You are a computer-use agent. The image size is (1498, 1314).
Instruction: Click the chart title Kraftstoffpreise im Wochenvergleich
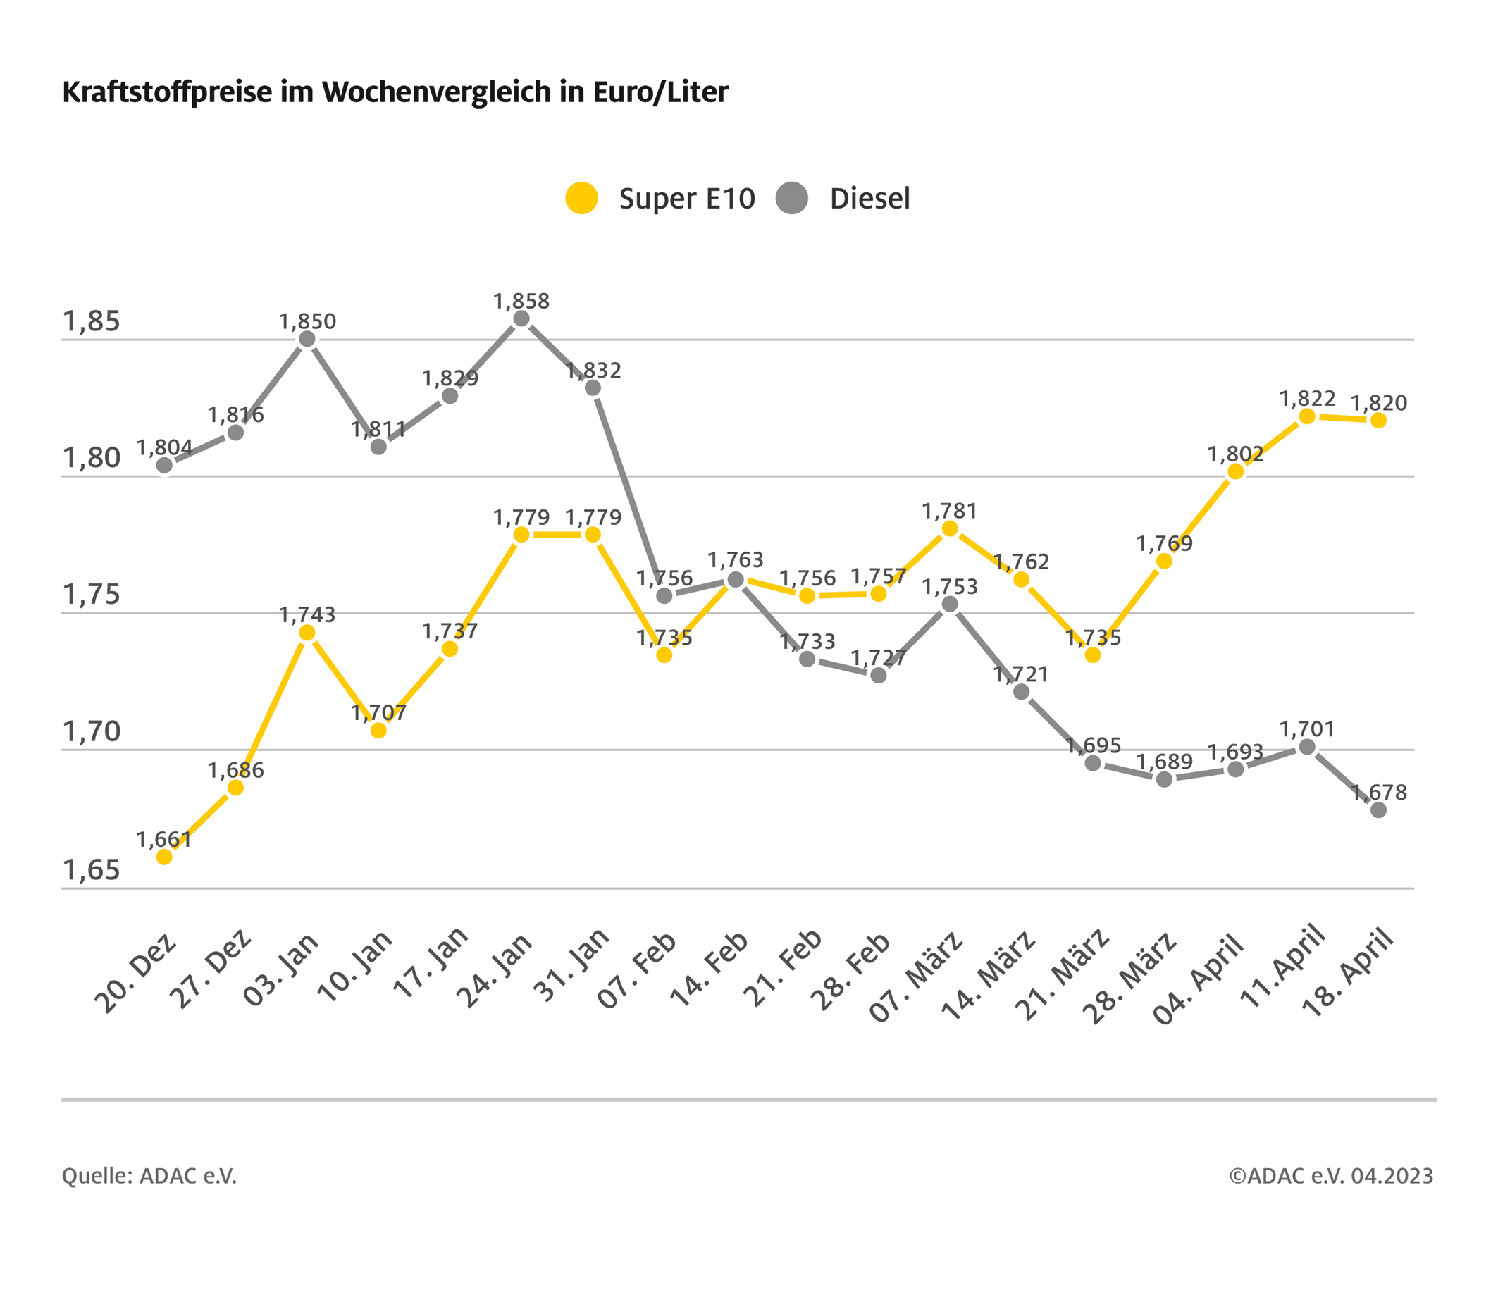pyautogui.click(x=395, y=93)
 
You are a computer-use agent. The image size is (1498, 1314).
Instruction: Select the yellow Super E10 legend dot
pyautogui.click(x=582, y=198)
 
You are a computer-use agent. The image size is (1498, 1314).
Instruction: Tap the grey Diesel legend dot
pyautogui.click(x=791, y=198)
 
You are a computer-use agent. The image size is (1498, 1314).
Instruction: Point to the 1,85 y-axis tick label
pyautogui.click(x=92, y=321)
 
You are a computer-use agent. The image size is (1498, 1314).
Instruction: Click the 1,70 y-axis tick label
pyautogui.click(x=92, y=731)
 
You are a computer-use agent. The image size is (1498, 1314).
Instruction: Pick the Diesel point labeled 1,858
pyautogui.click(x=521, y=318)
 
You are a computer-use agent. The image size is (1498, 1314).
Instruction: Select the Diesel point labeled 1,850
pyautogui.click(x=308, y=339)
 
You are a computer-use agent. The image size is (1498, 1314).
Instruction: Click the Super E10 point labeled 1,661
pyautogui.click(x=164, y=857)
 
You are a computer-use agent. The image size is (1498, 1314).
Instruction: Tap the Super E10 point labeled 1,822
pyautogui.click(x=1307, y=416)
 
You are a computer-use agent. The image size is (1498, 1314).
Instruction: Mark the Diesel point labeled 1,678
pyautogui.click(x=1378, y=810)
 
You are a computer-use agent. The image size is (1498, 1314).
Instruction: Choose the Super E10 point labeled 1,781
pyautogui.click(x=950, y=528)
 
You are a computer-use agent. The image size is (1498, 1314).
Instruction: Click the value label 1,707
pyautogui.click(x=378, y=712)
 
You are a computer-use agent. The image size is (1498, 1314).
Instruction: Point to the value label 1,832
pyautogui.click(x=593, y=370)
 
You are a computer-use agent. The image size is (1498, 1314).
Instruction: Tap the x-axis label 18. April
pyautogui.click(x=1349, y=972)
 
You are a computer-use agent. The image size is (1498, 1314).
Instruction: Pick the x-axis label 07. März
pyautogui.click(x=916, y=974)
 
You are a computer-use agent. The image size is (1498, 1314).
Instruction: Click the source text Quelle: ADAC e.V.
pyautogui.click(x=149, y=1176)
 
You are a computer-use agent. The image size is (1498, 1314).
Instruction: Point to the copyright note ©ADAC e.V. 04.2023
pyautogui.click(x=1331, y=1176)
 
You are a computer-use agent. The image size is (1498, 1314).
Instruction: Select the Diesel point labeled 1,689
pyautogui.click(x=1165, y=779)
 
